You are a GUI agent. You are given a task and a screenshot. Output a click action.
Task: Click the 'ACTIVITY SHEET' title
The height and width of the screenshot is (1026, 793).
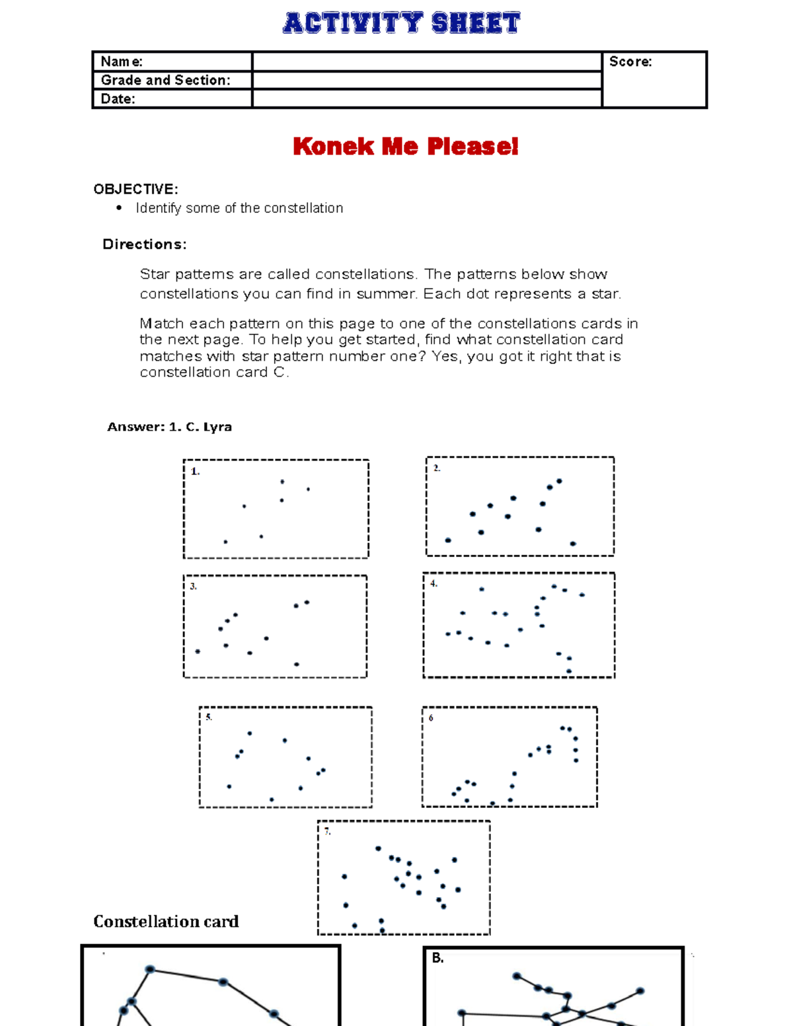tap(402, 23)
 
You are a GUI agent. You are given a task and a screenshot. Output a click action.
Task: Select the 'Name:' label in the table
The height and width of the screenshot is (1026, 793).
tap(122, 61)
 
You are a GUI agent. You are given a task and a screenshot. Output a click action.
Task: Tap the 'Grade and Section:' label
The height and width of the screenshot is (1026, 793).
tap(165, 80)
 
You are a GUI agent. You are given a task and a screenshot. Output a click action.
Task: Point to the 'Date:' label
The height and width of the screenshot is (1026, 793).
tap(118, 98)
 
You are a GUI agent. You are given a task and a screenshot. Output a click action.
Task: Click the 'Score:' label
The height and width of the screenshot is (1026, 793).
tap(630, 61)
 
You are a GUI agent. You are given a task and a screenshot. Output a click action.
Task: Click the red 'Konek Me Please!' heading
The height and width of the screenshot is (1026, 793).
tap(405, 146)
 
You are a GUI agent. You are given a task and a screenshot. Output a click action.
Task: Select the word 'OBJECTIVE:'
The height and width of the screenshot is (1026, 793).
tap(135, 189)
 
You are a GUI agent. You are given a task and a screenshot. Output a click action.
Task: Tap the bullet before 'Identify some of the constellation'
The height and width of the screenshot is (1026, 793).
tap(119, 208)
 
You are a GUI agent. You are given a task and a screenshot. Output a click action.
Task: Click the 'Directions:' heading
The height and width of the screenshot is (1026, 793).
tap(144, 244)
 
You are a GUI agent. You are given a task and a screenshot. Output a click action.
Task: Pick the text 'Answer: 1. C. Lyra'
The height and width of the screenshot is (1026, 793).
tap(169, 427)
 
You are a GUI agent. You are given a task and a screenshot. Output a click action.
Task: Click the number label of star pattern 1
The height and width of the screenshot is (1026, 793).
tap(195, 471)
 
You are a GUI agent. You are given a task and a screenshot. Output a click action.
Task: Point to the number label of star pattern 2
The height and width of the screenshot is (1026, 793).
tap(437, 468)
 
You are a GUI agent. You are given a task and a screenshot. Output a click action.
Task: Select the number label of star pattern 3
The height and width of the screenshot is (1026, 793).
tap(193, 586)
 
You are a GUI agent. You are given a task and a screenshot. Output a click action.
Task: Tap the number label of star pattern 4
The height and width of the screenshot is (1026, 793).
tap(434, 583)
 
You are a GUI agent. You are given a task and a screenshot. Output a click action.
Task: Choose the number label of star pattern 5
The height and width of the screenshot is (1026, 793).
tap(209, 717)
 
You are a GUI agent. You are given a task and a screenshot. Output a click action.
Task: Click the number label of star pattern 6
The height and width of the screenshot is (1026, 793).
tap(431, 717)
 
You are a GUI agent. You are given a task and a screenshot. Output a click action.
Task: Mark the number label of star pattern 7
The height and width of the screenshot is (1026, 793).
tap(327, 831)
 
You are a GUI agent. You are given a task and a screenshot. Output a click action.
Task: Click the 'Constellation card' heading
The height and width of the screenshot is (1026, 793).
tap(166, 921)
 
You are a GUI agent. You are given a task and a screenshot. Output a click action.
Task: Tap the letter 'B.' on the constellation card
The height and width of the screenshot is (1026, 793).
tap(437, 957)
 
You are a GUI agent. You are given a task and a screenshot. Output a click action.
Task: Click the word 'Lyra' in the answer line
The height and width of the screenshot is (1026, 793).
tap(217, 427)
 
